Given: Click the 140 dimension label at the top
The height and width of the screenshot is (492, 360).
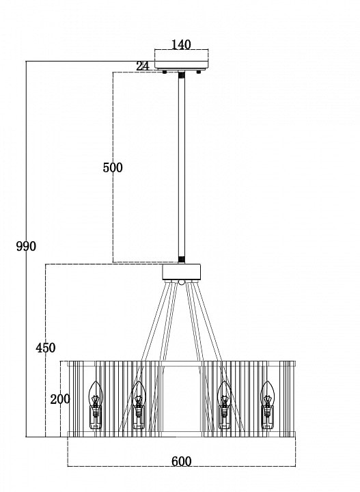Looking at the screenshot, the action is (181, 44).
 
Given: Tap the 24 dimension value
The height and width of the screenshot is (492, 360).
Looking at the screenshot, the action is (143, 66).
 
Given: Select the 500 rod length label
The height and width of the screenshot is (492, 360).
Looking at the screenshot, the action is (113, 167).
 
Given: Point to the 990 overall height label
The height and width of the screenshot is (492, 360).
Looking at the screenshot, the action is (26, 246).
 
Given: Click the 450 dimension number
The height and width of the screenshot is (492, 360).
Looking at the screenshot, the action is (46, 348).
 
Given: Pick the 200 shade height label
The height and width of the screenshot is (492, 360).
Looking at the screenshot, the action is (60, 399).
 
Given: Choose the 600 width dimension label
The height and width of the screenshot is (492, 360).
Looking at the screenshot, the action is (181, 461).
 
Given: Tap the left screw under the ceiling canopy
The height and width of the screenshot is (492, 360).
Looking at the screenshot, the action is (165, 72).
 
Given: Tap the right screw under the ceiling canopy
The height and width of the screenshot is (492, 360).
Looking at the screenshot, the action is (198, 72).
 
